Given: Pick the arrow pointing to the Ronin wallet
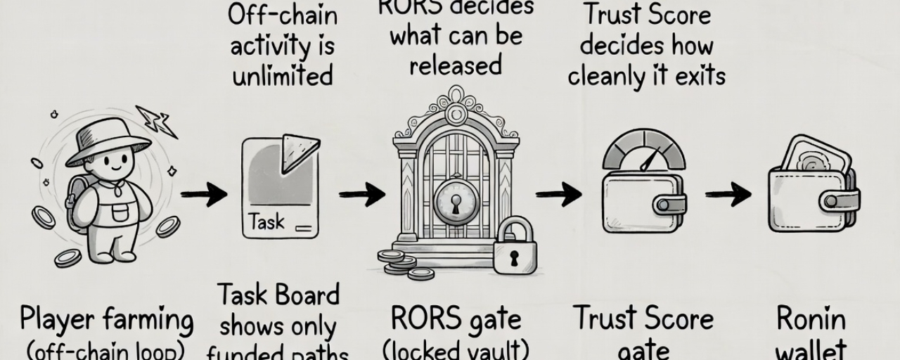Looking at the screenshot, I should [728, 195].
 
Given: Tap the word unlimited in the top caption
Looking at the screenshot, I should [283, 75].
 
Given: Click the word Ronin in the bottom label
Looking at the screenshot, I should [811, 320].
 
